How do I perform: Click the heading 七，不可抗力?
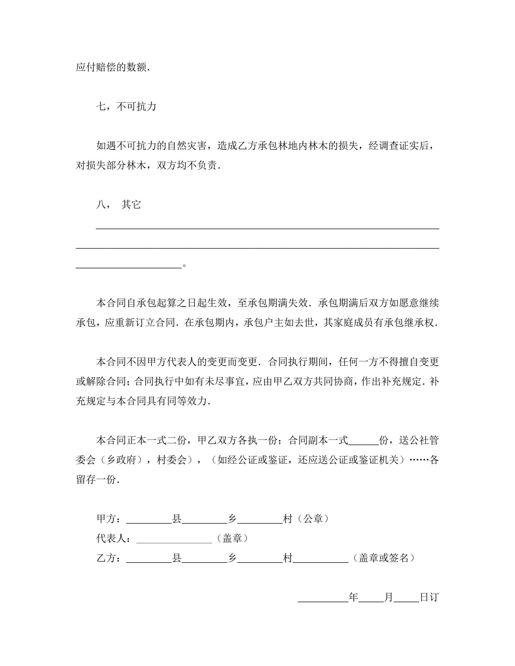(x=126, y=107)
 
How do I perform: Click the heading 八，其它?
(x=118, y=205)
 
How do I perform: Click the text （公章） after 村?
(x=313, y=519)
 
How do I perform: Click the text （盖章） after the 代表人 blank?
(x=232, y=538)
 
